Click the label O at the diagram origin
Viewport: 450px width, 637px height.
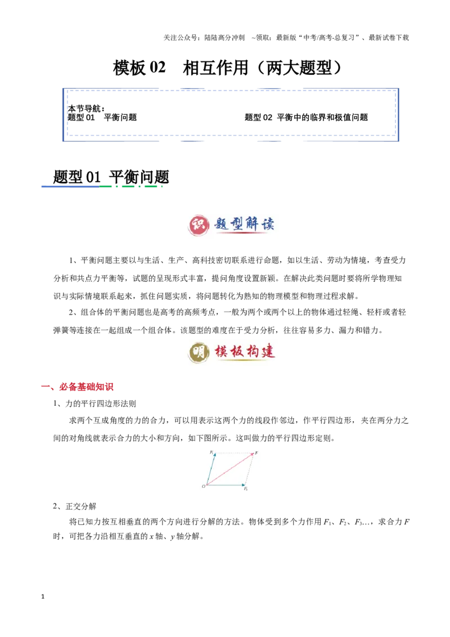[x=204, y=486]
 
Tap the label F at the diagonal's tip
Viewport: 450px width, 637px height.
[x=256, y=452]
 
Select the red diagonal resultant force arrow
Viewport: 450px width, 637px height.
[x=230, y=469]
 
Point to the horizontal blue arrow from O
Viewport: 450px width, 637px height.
[x=226, y=485]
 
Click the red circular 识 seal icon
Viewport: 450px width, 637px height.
[x=199, y=225]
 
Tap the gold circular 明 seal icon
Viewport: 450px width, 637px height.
[x=199, y=352]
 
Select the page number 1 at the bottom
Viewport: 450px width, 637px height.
[x=43, y=596]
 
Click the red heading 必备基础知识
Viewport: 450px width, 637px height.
[x=86, y=387]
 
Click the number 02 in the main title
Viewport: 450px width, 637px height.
[x=157, y=67]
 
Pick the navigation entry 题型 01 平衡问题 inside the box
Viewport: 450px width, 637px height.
[x=102, y=118]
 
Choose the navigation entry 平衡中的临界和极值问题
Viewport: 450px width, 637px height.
[x=322, y=118]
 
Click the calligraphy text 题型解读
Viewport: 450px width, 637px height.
[x=244, y=224]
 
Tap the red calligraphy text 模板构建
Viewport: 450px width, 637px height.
[x=245, y=351]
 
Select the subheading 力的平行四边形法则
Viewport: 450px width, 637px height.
[x=101, y=403]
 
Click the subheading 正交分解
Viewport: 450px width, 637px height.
[x=81, y=506]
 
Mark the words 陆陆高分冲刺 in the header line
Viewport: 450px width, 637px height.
[x=224, y=38]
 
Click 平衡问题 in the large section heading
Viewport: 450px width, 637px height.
[x=139, y=177]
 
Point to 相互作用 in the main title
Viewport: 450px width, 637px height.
[x=215, y=68]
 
